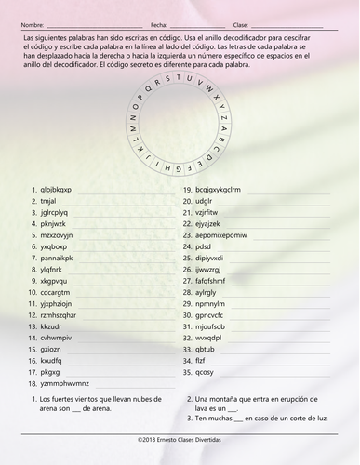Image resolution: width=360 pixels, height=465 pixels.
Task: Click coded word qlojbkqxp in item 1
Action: pos(56,189)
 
